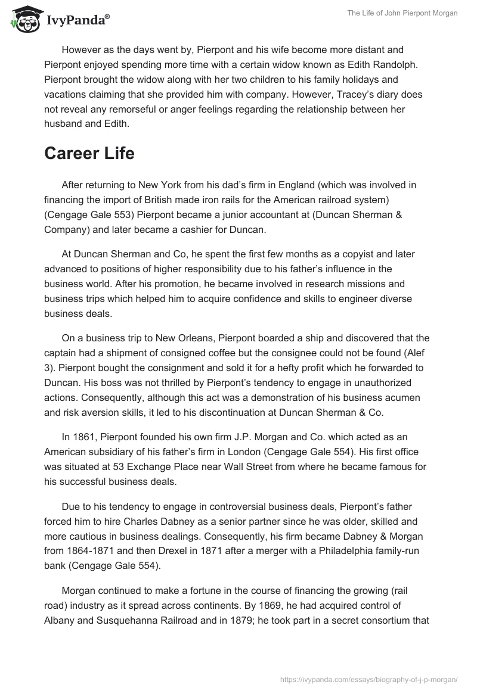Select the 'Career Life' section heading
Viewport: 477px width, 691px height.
pos(89,153)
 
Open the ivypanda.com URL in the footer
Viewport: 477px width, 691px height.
pos(369,678)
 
